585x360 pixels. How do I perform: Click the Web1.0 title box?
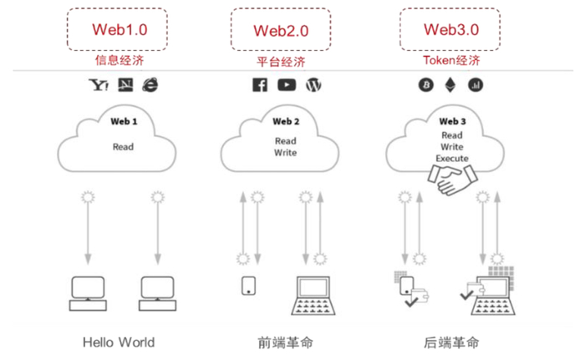tap(119, 29)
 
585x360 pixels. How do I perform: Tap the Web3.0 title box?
tap(451, 29)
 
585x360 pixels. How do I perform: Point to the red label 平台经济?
tap(281, 62)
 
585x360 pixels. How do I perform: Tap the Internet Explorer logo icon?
tap(150, 84)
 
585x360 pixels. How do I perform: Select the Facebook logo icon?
tap(260, 84)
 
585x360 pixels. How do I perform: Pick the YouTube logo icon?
tap(287, 84)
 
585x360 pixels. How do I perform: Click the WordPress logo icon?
tap(314, 84)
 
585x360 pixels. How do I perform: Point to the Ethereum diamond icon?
tap(451, 84)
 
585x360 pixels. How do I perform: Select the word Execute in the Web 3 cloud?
tap(452, 158)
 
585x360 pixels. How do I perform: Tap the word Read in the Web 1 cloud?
tap(123, 146)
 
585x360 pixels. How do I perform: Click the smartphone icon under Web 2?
tap(248, 286)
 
